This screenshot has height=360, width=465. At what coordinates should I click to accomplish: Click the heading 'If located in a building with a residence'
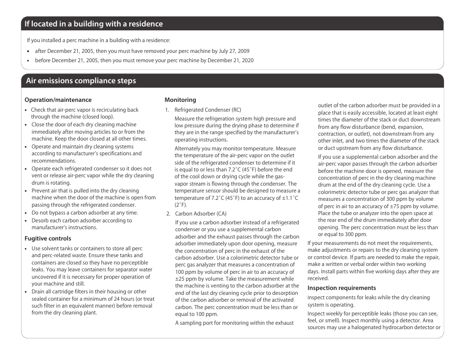(x=94, y=24)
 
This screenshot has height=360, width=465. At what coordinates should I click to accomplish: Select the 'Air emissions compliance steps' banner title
(x=81, y=81)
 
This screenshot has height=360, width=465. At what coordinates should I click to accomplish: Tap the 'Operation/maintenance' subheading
(x=58, y=100)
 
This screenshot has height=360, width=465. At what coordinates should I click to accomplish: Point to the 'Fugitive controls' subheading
(x=48, y=239)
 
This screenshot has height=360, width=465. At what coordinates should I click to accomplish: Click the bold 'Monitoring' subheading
(x=180, y=100)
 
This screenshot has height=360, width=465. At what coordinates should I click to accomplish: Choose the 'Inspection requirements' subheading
(x=342, y=288)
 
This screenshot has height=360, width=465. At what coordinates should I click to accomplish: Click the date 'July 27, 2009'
(x=234, y=51)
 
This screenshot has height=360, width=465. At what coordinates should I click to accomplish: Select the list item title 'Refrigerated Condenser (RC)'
(x=208, y=110)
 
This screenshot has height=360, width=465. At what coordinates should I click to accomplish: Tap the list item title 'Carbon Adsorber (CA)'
(x=201, y=214)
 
